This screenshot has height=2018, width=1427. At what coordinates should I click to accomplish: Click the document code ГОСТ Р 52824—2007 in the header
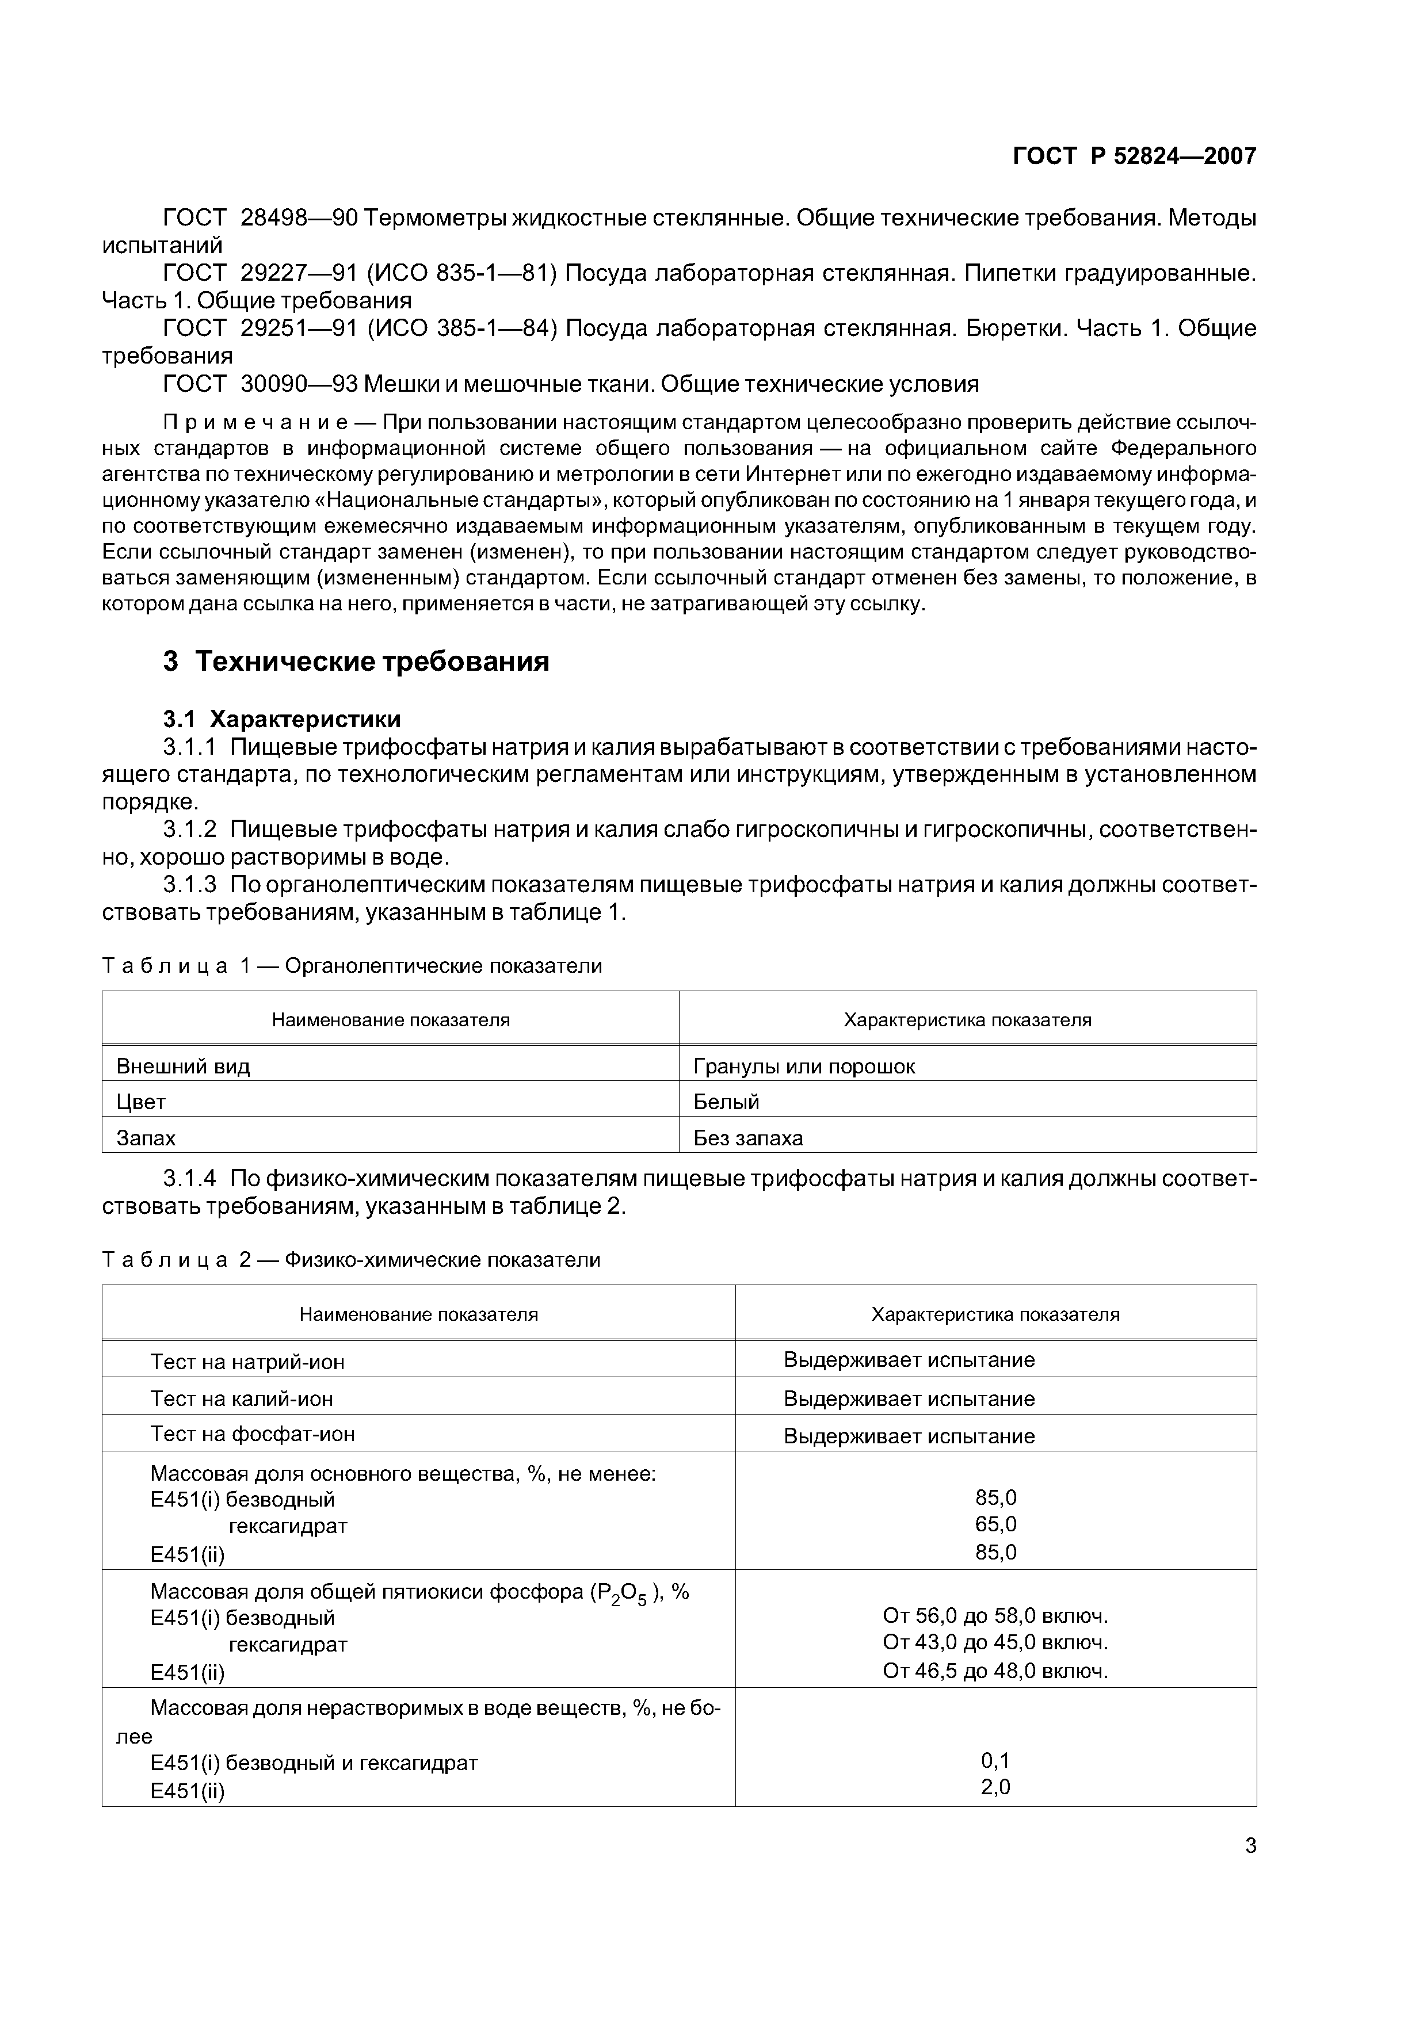[1134, 156]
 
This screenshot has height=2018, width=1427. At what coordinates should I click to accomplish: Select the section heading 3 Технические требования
[356, 661]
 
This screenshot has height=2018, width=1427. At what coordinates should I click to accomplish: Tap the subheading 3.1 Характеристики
[282, 719]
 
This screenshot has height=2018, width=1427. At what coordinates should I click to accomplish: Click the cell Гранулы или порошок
[804, 1066]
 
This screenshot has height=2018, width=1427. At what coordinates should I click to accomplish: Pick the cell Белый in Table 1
[726, 1102]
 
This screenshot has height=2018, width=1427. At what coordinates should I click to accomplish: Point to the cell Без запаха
[748, 1138]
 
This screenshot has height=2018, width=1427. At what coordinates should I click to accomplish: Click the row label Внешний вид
[183, 1066]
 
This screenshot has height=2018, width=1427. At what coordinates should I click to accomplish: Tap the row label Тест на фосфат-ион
[253, 1434]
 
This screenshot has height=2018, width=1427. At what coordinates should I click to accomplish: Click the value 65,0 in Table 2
[995, 1524]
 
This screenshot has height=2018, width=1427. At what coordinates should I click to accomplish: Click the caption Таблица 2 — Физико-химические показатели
[352, 1259]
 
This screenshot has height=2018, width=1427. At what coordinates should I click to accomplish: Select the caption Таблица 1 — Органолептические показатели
[352, 966]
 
